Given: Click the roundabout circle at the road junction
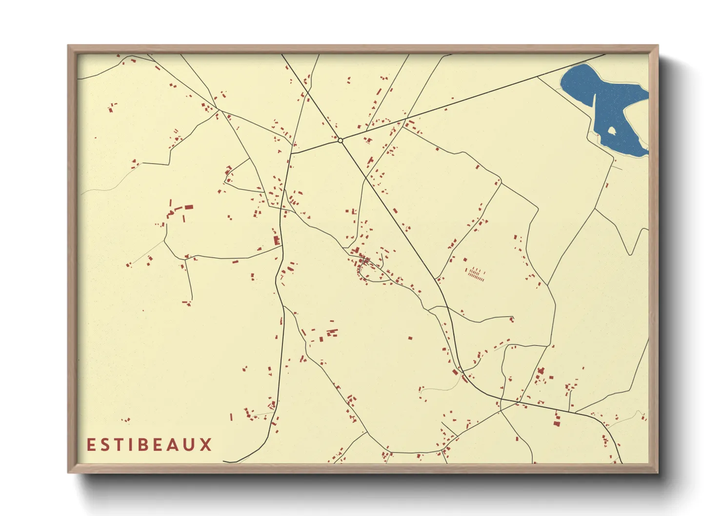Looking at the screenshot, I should (340, 140).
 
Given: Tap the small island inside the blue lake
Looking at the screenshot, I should (611, 131).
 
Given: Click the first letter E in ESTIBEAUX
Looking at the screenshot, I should (90, 445).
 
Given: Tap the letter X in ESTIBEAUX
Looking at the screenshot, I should (206, 445).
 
